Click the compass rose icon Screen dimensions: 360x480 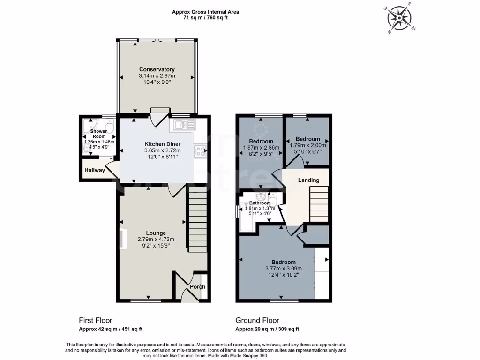tap(399, 18)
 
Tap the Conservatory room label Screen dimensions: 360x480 tap(157, 69)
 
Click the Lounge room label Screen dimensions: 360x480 tap(156, 232)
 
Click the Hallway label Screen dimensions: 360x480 tap(95, 170)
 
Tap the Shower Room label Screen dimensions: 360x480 tap(98, 133)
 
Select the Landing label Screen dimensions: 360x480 tap(309, 180)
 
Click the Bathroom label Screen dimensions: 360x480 tap(260, 203)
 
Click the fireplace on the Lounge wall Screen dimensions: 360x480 tap(123, 238)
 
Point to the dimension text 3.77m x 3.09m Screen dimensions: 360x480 tap(284, 269)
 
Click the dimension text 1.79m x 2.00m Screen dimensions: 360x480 tap(307, 145)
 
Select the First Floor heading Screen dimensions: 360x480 tap(96, 321)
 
